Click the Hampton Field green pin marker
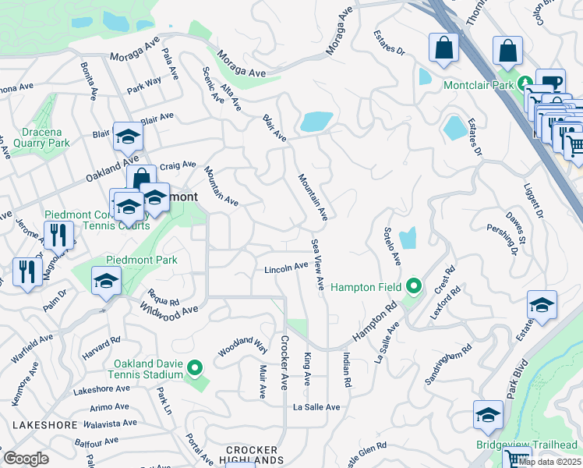tap(415, 287)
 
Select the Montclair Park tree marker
tap(526, 83)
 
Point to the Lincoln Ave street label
tap(286, 268)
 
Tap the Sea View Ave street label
tap(317, 266)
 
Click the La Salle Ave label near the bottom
tap(316, 407)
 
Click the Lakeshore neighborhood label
tap(44, 425)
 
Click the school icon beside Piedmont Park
tap(106, 282)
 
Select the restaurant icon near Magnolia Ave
tap(58, 234)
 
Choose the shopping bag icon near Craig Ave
tap(141, 179)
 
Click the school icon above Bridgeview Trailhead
tap(488, 415)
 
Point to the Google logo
tap(26, 459)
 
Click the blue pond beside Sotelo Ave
tap(408, 239)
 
